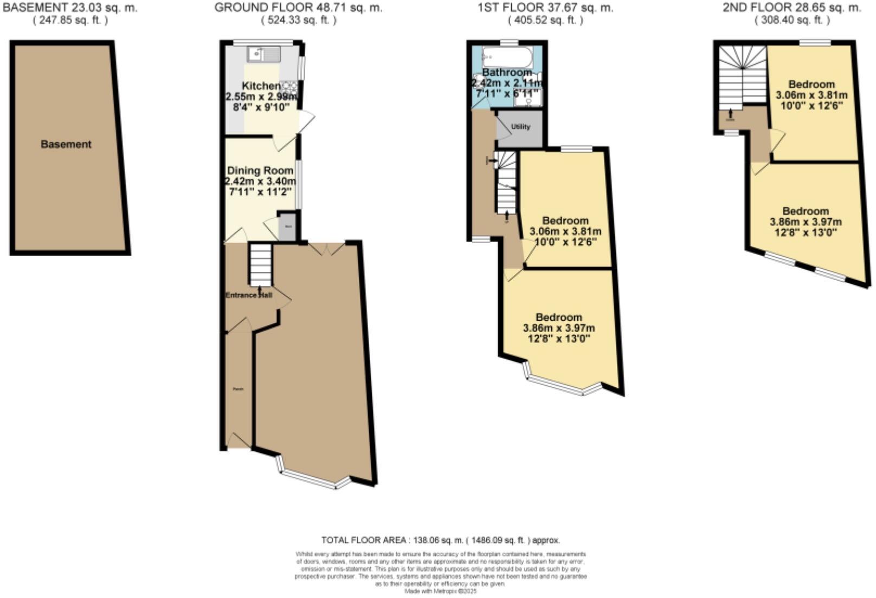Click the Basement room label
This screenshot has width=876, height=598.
tap(66, 144)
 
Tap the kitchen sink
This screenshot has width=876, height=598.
tap(263, 54)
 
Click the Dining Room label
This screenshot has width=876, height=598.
tap(260, 170)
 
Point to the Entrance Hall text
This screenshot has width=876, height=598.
tap(249, 295)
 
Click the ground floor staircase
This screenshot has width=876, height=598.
tap(260, 264)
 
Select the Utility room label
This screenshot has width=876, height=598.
tap(520, 126)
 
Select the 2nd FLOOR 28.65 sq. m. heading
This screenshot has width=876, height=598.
tap(791, 8)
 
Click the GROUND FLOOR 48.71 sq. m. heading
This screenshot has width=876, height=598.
tap(298, 8)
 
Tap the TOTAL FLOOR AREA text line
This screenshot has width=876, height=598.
tap(440, 540)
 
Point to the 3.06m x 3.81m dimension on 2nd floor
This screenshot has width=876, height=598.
tap(811, 95)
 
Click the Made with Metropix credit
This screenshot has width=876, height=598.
tap(440, 592)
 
